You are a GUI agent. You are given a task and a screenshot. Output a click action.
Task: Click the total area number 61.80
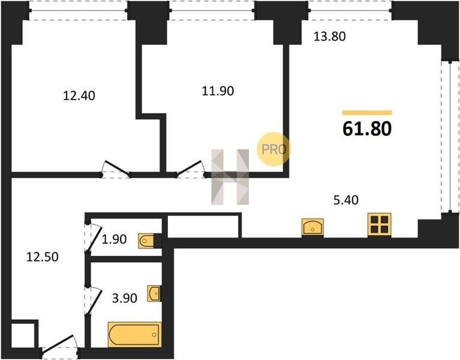tap(367, 129)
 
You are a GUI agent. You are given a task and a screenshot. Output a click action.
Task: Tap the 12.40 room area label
tap(79, 96)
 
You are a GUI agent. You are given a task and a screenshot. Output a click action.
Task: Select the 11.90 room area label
tap(218, 91)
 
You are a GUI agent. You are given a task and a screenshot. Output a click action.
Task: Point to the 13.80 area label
tap(329, 37)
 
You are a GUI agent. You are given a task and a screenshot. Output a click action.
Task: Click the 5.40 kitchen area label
tap(346, 200)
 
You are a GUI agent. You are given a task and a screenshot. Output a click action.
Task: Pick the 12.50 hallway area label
tap(42, 257)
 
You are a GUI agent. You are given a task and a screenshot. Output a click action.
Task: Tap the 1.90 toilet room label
tap(114, 239)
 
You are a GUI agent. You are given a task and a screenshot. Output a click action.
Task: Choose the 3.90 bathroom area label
tap(125, 298)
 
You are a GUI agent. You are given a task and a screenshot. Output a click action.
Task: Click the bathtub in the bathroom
tap(135, 334)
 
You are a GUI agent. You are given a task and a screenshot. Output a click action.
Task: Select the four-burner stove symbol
tap(379, 225)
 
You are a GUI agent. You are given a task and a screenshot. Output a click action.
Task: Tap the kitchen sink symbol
tap(312, 227)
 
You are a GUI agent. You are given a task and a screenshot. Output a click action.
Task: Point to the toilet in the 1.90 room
tap(146, 241)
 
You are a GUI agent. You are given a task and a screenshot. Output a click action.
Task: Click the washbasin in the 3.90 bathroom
tap(154, 293)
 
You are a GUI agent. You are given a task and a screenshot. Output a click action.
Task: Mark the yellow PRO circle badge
tap(273, 149)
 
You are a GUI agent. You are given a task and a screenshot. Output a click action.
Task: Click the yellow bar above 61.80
tap(367, 113)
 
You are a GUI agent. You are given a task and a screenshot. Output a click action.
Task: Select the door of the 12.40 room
tap(116, 169)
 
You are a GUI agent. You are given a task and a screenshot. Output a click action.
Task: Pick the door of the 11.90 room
tap(190, 169)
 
